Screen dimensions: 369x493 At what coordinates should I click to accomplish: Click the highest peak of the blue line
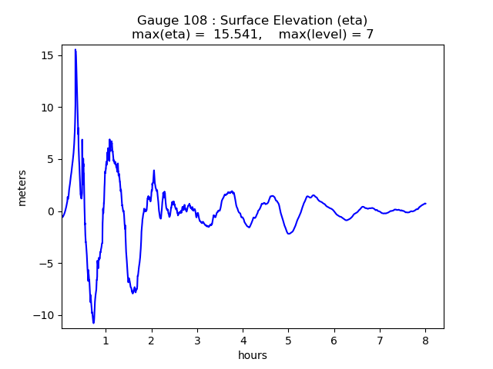tap(75, 50)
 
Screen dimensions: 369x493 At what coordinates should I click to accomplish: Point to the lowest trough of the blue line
tap(93, 323)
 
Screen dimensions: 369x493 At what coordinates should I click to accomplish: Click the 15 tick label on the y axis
tap(48, 55)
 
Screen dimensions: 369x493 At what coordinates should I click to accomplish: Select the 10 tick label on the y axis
tap(48, 108)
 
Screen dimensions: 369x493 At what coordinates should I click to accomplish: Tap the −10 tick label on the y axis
tap(45, 315)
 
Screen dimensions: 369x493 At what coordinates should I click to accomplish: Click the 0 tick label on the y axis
tap(51, 211)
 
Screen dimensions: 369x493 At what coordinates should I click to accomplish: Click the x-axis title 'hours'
tap(253, 355)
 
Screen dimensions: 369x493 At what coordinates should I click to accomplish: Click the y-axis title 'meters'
tap(22, 188)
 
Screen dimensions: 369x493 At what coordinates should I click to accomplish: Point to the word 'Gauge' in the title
tap(157, 20)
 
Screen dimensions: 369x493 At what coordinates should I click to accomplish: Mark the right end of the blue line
tap(425, 204)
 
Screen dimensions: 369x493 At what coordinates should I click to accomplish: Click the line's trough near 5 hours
tap(289, 233)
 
